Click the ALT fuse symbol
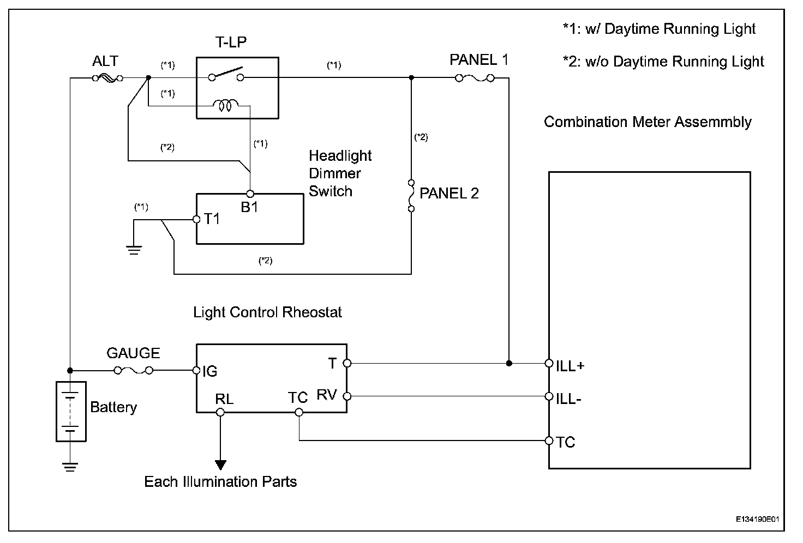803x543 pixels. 107,79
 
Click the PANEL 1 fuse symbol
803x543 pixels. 475,79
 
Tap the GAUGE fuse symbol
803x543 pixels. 133,371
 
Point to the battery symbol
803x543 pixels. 71,411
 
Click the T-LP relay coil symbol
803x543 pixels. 225,105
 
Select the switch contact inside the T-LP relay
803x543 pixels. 226,74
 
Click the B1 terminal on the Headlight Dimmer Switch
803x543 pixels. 250,194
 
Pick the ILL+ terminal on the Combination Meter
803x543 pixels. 549,363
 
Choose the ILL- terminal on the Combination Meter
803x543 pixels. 549,396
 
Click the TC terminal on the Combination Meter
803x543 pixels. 549,440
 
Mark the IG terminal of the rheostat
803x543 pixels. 196,371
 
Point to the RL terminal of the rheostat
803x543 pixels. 220,412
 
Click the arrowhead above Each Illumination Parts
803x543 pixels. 220,464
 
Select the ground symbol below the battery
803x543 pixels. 70,466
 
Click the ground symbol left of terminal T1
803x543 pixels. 134,250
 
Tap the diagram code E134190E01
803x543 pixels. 759,519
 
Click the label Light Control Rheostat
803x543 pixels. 267,312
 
